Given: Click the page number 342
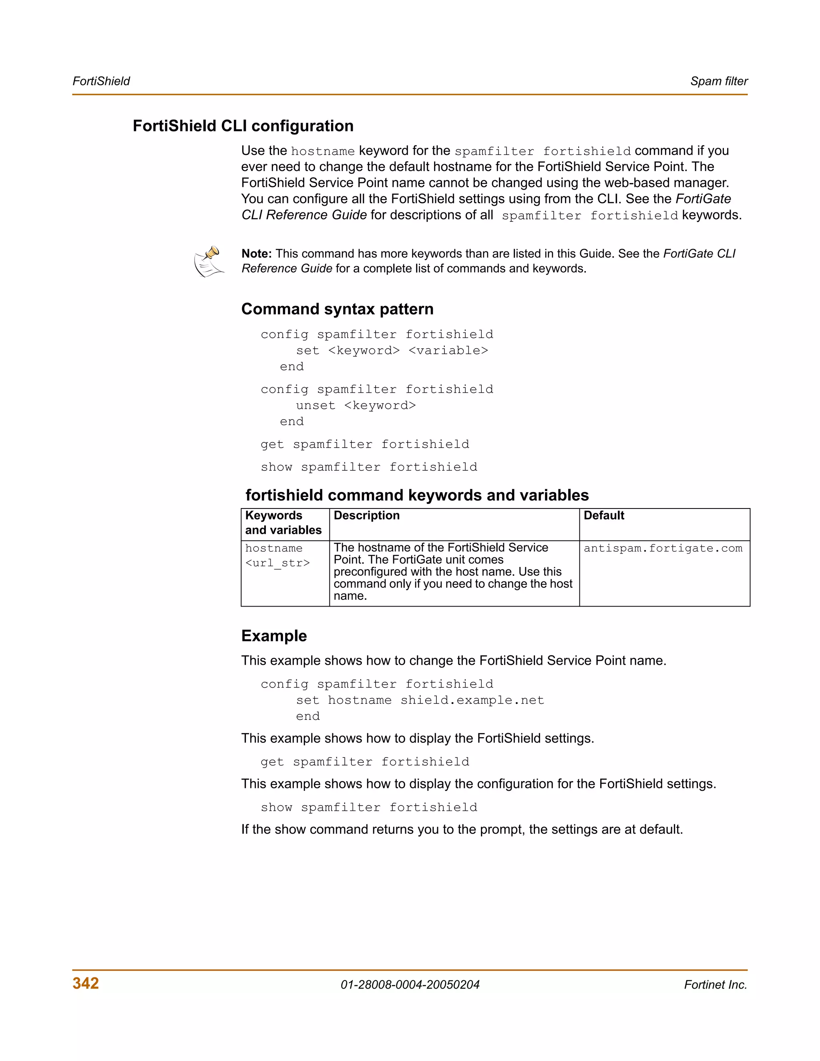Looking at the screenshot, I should click(86, 983).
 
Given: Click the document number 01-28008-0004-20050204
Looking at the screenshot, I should click(410, 985).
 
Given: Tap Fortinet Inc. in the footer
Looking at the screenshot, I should click(715, 985).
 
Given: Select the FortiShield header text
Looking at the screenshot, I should click(101, 81).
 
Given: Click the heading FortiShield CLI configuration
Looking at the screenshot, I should click(243, 126).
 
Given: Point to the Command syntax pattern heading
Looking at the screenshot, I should click(337, 309).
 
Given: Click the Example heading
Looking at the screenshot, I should click(274, 635).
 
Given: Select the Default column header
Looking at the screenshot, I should click(604, 515).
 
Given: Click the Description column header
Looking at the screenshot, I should click(366, 515).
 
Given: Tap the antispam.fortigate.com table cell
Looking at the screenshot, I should click(663, 549).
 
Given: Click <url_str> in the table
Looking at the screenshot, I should click(277, 563).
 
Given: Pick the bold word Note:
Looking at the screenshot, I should click(257, 253).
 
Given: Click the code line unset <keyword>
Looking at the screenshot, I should click(356, 406).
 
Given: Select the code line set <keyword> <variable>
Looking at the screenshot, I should click(392, 351).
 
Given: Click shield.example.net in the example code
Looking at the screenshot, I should click(472, 700).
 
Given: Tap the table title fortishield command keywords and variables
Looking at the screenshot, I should click(417, 495).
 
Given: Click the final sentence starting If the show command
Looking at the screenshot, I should click(462, 829).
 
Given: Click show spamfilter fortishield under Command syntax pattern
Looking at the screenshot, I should click(369, 467).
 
